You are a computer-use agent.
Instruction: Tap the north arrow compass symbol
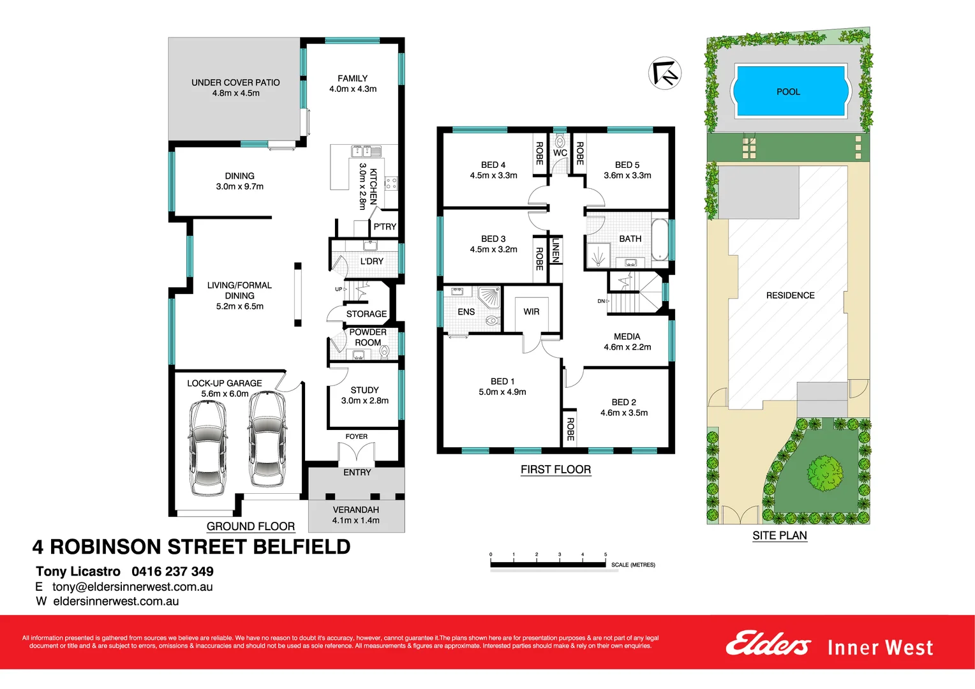point(665,73)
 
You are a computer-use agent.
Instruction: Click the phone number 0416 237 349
point(172,572)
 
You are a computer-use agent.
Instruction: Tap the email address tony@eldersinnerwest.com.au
point(132,587)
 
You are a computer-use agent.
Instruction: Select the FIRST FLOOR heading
point(556,470)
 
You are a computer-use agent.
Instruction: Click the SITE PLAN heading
point(779,536)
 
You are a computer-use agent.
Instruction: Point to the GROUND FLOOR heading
point(250,526)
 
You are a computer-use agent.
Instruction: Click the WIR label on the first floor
point(532,312)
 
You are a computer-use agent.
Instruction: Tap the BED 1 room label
point(502,382)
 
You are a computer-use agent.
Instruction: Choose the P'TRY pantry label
point(385,226)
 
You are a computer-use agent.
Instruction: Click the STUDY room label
point(364,390)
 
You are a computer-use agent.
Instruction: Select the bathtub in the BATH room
point(660,240)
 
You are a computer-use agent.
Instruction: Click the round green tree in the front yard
point(825,473)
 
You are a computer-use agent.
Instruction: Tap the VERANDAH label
point(355,510)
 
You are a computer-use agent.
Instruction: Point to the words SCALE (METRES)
point(633,565)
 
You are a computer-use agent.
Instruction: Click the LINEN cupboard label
point(556,250)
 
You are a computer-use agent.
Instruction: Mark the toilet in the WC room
point(560,142)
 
